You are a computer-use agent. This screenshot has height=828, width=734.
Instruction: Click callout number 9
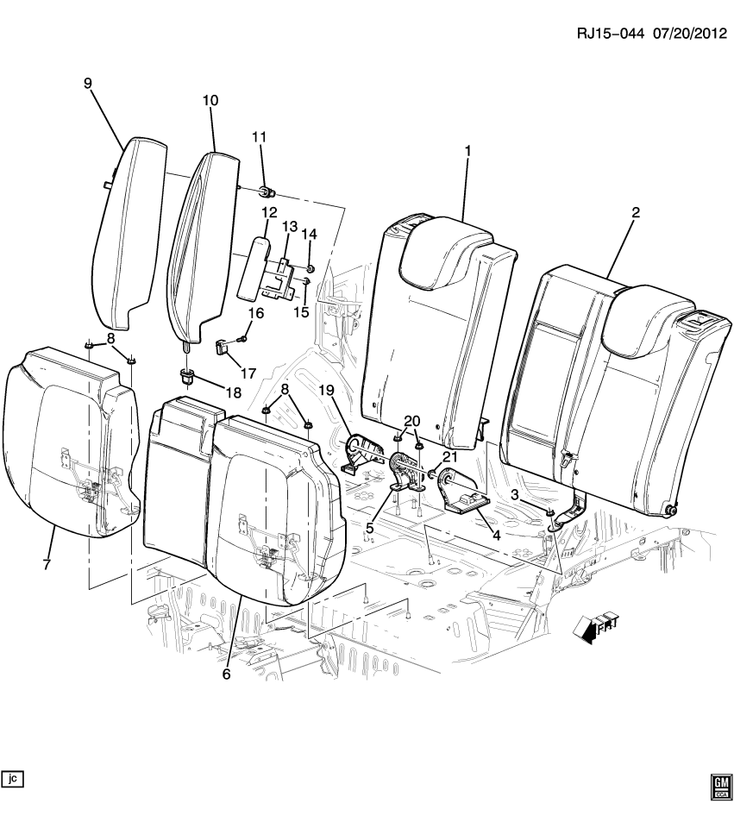(87, 83)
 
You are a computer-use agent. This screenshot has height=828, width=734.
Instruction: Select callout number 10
(210, 100)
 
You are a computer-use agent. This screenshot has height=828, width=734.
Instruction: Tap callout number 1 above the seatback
(467, 151)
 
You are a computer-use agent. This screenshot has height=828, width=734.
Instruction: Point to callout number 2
(635, 212)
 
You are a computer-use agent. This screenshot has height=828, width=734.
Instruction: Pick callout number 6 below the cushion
(226, 674)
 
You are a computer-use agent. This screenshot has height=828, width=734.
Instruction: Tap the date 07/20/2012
(684, 34)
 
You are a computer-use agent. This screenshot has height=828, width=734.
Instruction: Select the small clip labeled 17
(221, 347)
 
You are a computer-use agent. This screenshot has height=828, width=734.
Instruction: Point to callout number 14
(309, 235)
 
